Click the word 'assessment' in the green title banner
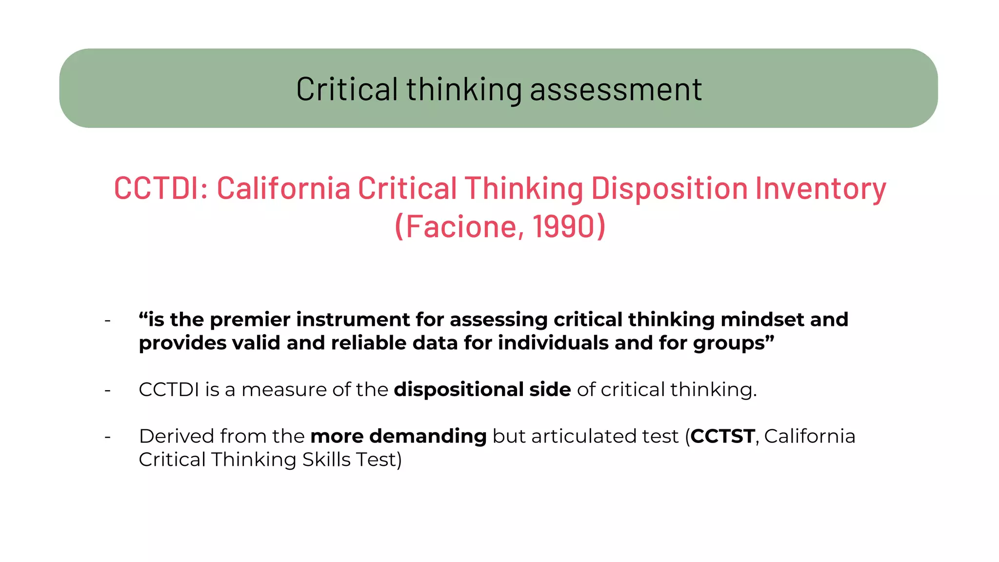[616, 89]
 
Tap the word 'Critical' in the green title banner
[347, 89]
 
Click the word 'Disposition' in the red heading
[669, 188]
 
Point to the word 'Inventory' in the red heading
[820, 188]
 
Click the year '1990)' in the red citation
[569, 226]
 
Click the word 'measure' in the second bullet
[283, 390]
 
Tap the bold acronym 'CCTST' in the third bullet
[722, 436]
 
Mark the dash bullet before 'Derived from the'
[108, 437]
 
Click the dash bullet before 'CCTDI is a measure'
[108, 390]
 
